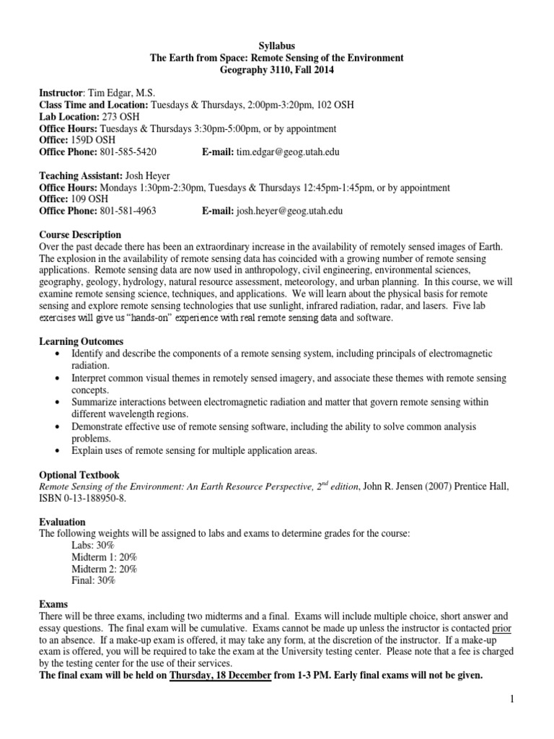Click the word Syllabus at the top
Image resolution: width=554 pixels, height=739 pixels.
[277, 45]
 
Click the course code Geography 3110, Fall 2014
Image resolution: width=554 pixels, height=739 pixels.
[277, 69]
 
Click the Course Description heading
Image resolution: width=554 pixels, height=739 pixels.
[79, 235]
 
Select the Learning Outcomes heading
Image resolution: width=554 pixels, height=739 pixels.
[82, 341]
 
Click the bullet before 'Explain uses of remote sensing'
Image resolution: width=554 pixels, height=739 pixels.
[57, 451]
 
